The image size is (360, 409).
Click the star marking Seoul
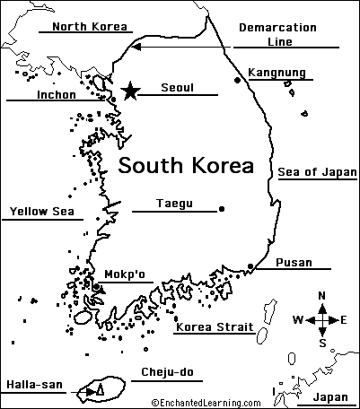pyautogui.click(x=131, y=91)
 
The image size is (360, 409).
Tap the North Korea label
pyautogui.click(x=88, y=26)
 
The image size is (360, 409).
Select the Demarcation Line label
pyautogui.click(x=276, y=34)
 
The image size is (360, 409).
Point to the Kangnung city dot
pyautogui.click(x=237, y=80)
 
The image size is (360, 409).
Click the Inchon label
pyautogui.click(x=57, y=93)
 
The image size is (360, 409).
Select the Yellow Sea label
pyautogui.click(x=40, y=213)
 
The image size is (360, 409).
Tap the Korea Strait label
pyautogui.click(x=214, y=327)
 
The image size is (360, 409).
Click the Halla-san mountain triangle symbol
pyautogui.click(x=100, y=390)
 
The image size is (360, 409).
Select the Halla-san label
pyautogui.click(x=34, y=386)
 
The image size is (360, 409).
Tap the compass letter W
pyautogui.click(x=298, y=319)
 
